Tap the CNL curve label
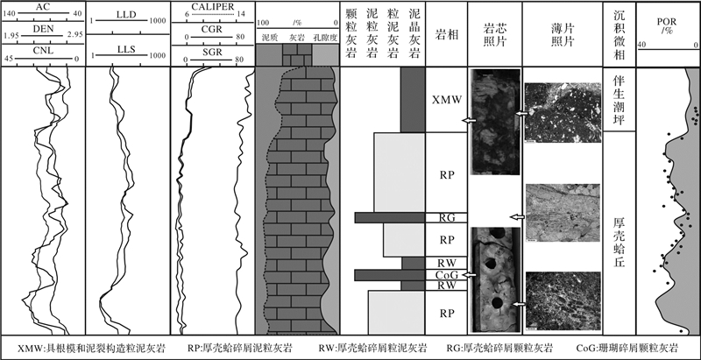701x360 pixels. click(41, 51)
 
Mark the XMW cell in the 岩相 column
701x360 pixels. click(447, 101)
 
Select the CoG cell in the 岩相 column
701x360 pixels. click(447, 275)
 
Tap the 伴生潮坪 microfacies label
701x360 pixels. click(619, 101)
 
